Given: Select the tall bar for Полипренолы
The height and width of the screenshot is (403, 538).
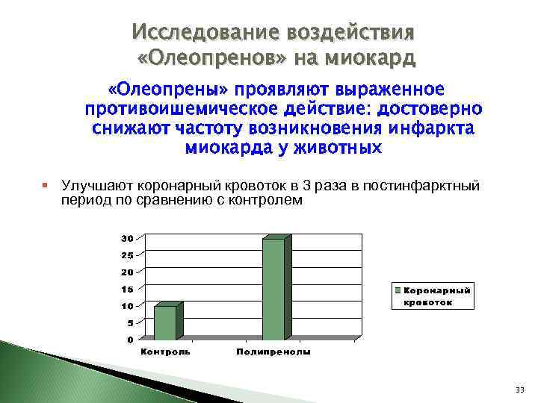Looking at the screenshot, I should (273, 289).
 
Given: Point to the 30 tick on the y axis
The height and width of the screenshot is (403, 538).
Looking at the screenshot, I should (127, 238).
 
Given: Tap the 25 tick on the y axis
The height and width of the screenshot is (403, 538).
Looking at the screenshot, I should (127, 255).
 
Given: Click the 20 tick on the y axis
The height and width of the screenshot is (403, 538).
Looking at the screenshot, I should (127, 272).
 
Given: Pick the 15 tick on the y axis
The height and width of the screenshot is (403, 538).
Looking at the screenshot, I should (127, 289).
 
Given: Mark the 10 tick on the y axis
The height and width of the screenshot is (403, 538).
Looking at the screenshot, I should (127, 306).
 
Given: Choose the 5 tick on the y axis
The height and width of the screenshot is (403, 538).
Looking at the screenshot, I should (130, 323).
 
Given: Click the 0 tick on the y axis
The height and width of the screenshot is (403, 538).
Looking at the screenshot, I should (130, 340).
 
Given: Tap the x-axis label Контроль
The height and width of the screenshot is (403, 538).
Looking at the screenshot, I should (166, 352).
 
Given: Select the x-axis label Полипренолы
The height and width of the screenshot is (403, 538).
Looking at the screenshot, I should (273, 352).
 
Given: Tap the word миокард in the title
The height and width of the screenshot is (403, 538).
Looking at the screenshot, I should (369, 57).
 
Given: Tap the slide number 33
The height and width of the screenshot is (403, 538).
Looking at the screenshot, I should (519, 390).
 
